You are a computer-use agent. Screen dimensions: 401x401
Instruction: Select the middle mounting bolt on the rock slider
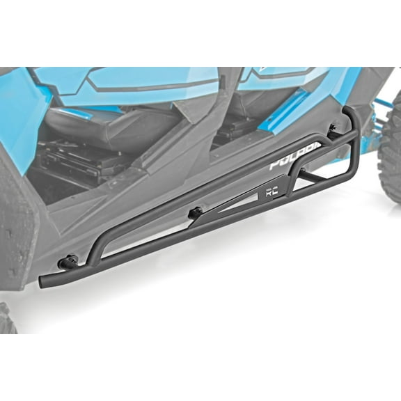point(196,212)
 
